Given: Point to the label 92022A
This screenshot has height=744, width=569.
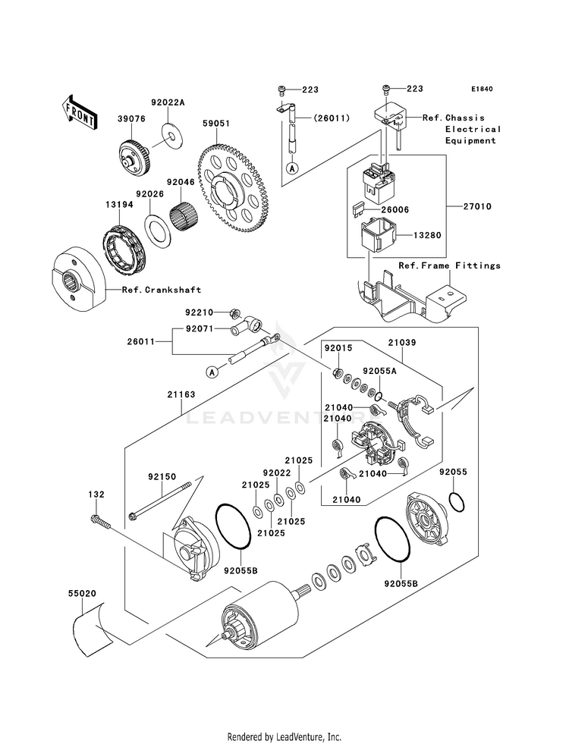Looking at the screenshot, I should [168, 102].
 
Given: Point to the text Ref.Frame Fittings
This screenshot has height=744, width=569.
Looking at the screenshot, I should [449, 265].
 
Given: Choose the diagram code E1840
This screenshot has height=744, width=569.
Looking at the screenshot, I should [481, 89].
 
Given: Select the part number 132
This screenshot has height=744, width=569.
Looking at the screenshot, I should [96, 494].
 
